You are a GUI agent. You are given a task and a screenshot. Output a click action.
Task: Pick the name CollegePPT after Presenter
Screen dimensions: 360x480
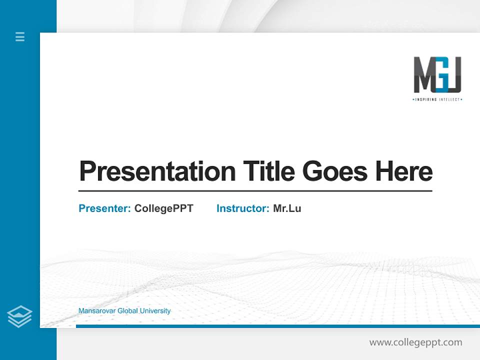163,208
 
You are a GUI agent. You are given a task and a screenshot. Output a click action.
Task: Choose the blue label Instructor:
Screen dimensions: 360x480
243,208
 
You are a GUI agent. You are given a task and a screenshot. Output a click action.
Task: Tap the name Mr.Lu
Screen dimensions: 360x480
287,208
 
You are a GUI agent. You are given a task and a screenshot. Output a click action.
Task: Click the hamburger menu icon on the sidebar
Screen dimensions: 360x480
20,36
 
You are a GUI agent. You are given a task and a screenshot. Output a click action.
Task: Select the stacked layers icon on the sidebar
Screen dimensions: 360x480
19,316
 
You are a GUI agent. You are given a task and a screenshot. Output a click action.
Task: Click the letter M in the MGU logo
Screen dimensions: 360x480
423,75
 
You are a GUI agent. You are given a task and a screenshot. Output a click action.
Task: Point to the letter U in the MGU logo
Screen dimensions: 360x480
453,75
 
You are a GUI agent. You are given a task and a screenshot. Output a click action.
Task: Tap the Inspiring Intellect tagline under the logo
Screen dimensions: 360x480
437,99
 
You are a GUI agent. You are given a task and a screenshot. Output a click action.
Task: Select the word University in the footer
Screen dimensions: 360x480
155,311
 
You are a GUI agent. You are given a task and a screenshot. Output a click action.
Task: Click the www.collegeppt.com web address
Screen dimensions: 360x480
415,342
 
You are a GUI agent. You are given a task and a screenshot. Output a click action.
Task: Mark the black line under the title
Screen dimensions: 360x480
255,191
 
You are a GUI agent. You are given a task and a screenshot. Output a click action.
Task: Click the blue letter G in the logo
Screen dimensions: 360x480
439,75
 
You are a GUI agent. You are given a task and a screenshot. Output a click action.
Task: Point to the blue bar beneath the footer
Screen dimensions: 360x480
277,326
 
